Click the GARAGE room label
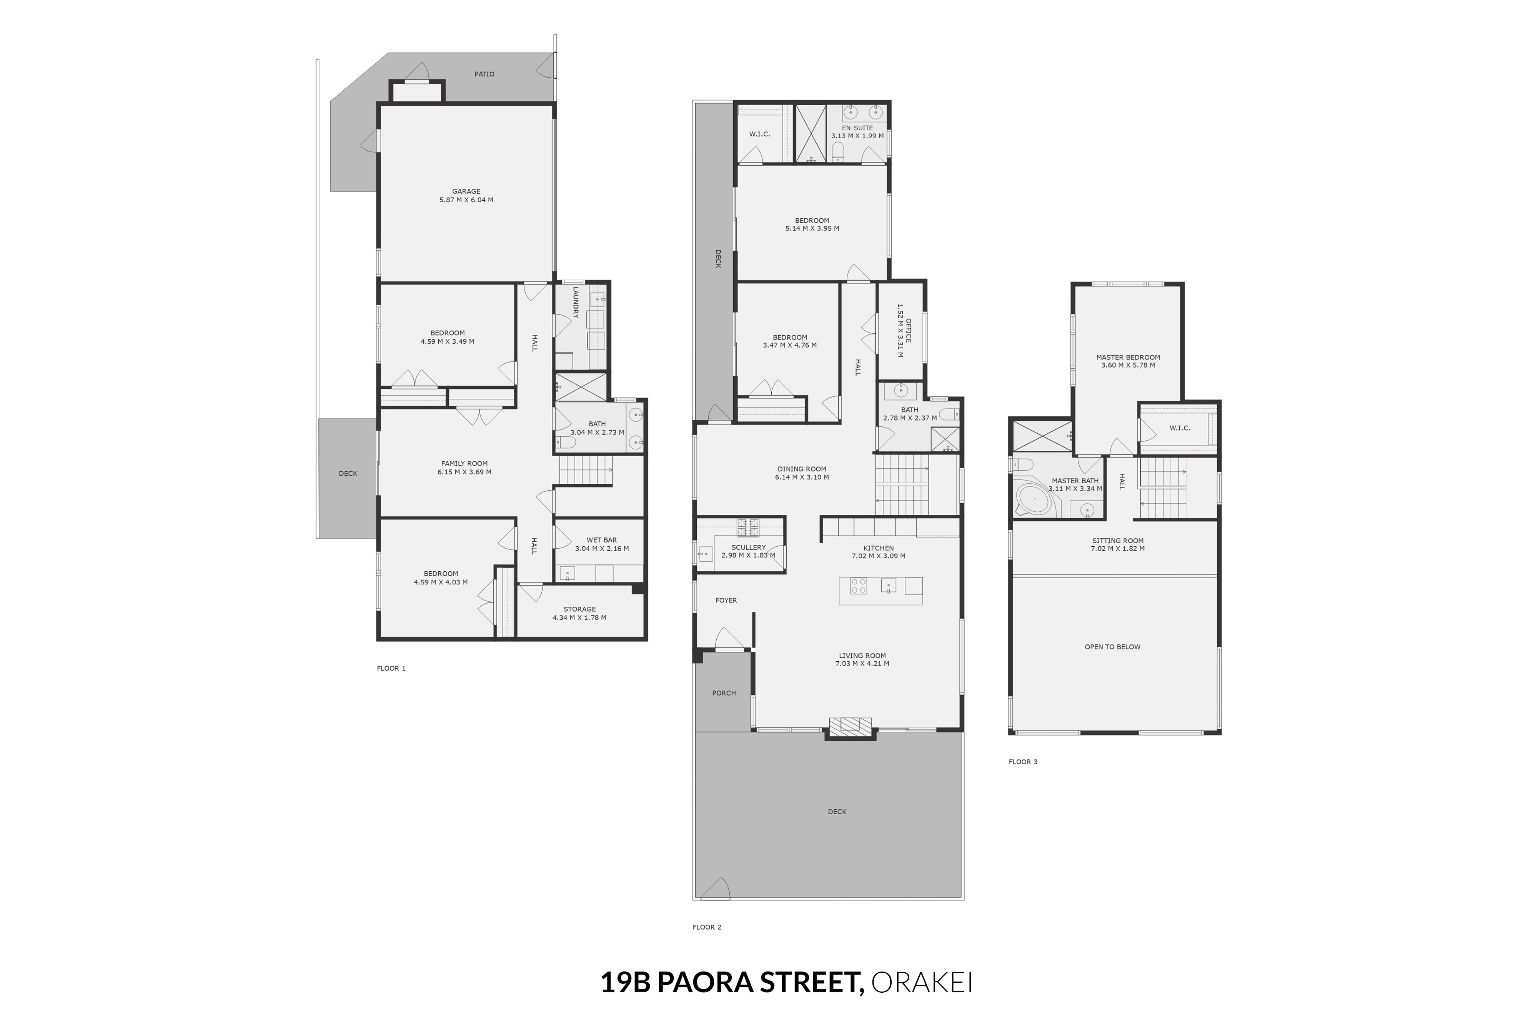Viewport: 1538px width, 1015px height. pos(466,191)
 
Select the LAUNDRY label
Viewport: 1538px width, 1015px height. pos(576,302)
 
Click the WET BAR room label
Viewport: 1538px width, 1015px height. pos(601,540)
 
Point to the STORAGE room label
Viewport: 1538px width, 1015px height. pos(579,609)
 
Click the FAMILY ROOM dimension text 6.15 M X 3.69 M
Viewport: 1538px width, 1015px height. pos(464,472)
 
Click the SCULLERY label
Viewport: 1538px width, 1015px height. pos(748,547)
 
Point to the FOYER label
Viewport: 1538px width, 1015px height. pos(726,600)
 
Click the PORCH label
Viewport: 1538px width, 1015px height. pos(724,693)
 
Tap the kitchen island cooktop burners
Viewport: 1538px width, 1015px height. pos(858,586)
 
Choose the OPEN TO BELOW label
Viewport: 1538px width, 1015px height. pos(1113,647)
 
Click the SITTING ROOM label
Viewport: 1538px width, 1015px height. pos(1118,541)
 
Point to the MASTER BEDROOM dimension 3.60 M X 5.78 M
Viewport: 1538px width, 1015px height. pos(1128,365)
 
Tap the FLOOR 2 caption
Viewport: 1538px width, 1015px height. pos(707,927)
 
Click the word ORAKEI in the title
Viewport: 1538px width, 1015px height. pos(922,982)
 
